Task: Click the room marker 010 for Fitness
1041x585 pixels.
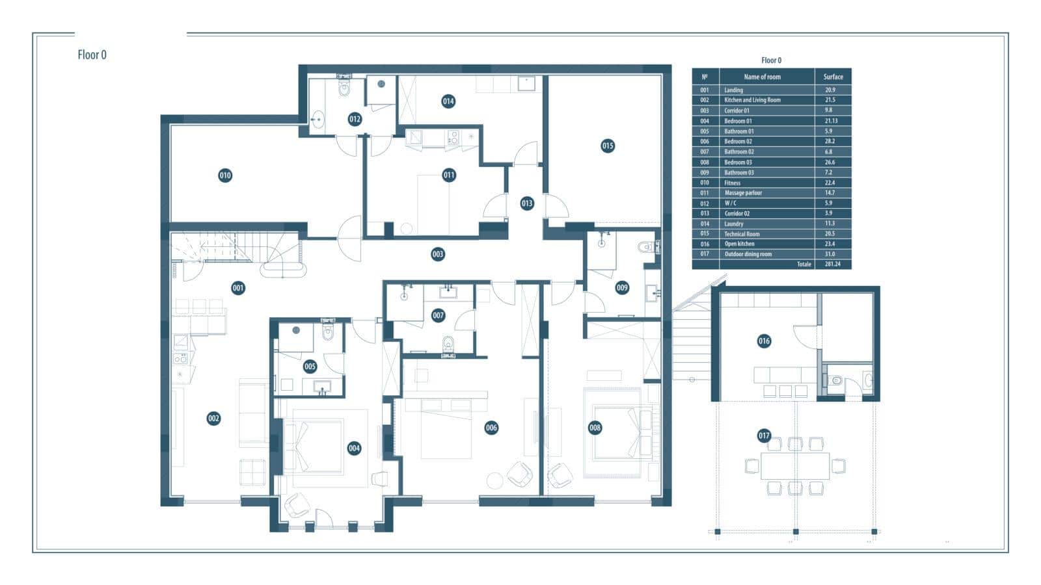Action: [225, 175]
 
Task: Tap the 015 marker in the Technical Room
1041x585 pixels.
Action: [608, 146]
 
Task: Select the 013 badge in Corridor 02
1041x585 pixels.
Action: [526, 203]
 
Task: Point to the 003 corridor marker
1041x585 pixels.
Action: [437, 254]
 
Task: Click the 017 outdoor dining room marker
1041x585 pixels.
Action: [764, 435]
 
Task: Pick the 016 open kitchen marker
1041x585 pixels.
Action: [764, 341]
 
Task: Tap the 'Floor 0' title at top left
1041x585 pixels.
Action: [92, 55]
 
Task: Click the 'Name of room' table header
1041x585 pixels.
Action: [762, 77]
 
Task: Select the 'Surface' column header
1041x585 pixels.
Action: [833, 77]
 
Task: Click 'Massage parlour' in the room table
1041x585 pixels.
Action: [743, 192]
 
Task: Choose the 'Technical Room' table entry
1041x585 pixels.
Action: [742, 234]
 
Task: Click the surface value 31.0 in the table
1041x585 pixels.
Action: [830, 254]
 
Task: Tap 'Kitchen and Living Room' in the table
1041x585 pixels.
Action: [752, 100]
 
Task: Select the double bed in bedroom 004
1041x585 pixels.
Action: [313, 447]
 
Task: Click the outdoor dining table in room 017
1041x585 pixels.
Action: [795, 466]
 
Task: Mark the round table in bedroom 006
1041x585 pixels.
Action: [495, 480]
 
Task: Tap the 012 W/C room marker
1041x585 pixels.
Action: [355, 120]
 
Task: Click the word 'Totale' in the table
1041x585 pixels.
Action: [804, 264]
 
